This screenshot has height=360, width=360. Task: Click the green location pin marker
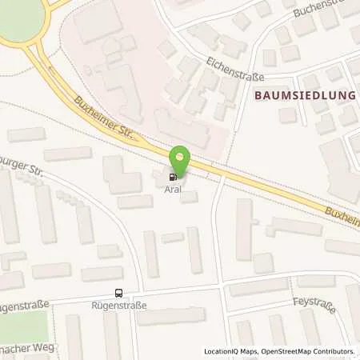pos(181,158)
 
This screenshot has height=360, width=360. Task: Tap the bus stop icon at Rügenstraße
pos(118,293)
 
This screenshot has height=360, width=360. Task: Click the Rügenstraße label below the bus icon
pos(118,305)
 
